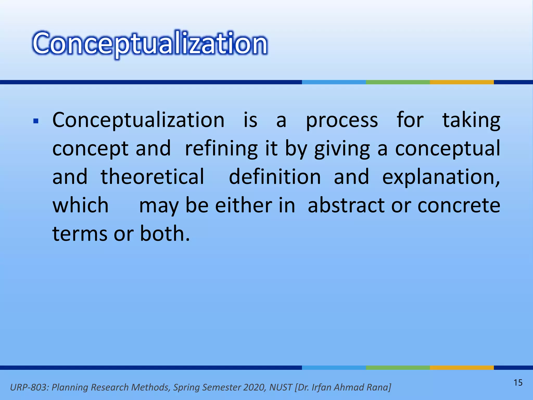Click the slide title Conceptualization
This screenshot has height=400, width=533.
tap(150, 43)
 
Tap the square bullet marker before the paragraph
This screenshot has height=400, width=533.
tap(36, 121)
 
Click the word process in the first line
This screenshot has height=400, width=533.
tap(341, 120)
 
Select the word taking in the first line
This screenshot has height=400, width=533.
tap(471, 120)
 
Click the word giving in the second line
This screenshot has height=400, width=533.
tap(342, 148)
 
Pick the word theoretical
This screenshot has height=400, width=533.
tap(153, 177)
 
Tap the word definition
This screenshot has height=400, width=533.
tap(275, 177)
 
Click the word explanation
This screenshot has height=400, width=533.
tap(440, 177)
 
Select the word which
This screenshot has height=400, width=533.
tap(80, 205)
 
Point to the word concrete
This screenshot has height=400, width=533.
tap(459, 205)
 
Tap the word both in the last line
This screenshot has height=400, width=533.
tap(164, 233)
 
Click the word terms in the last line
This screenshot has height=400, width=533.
tap(80, 233)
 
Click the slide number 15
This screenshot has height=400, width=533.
tap(518, 383)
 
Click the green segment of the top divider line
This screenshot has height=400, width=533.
tap(398, 82)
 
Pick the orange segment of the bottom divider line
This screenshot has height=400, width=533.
tap(462, 367)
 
